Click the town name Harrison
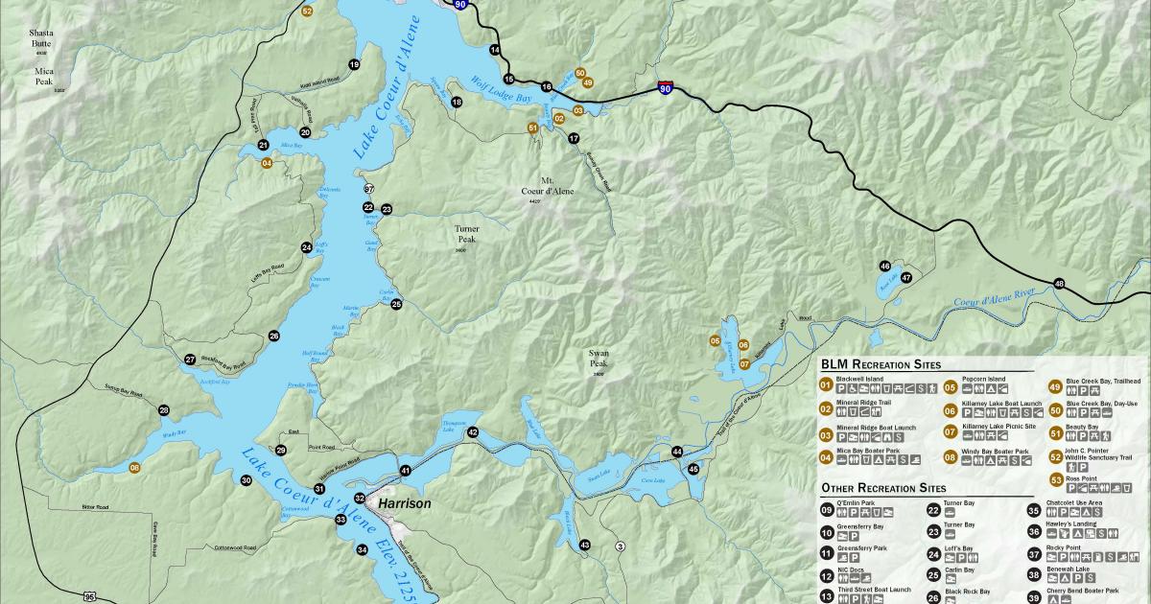(x=405, y=503)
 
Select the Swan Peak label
(x=599, y=359)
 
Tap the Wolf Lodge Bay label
(x=500, y=90)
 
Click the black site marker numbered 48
(x=1059, y=284)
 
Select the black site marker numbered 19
(x=354, y=64)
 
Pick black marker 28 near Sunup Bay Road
(x=164, y=410)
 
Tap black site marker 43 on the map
(x=584, y=545)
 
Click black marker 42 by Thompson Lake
(x=473, y=432)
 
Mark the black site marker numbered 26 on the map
(x=274, y=336)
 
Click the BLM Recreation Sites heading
(x=881, y=364)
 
